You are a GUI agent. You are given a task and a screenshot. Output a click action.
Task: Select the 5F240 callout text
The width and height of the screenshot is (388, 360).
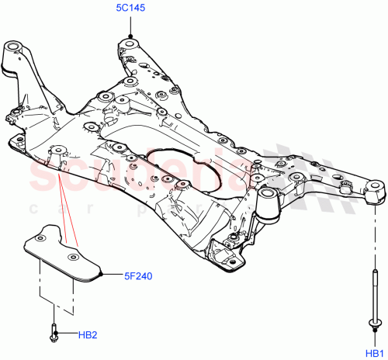[137, 274]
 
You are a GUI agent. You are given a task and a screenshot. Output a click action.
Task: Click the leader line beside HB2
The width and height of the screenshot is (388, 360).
[68, 335]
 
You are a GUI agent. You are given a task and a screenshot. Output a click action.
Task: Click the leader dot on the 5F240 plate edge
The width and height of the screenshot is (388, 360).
[101, 274]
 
